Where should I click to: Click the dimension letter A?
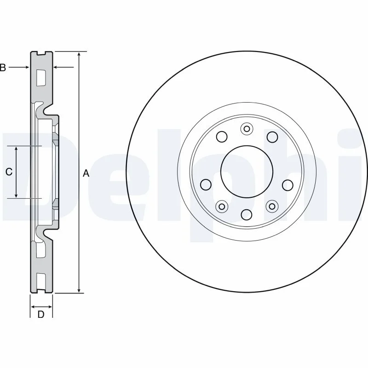(x=86, y=173)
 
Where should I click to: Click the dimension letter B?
(x=3, y=68)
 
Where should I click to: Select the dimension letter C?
(x=9, y=172)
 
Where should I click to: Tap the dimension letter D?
(x=41, y=314)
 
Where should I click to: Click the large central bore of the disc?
(x=247, y=172)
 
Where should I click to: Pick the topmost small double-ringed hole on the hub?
(x=247, y=129)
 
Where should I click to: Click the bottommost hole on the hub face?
(x=247, y=214)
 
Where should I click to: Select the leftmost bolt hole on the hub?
(x=206, y=185)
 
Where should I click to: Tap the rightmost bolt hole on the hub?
(x=287, y=185)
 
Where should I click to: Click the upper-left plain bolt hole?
(x=222, y=137)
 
